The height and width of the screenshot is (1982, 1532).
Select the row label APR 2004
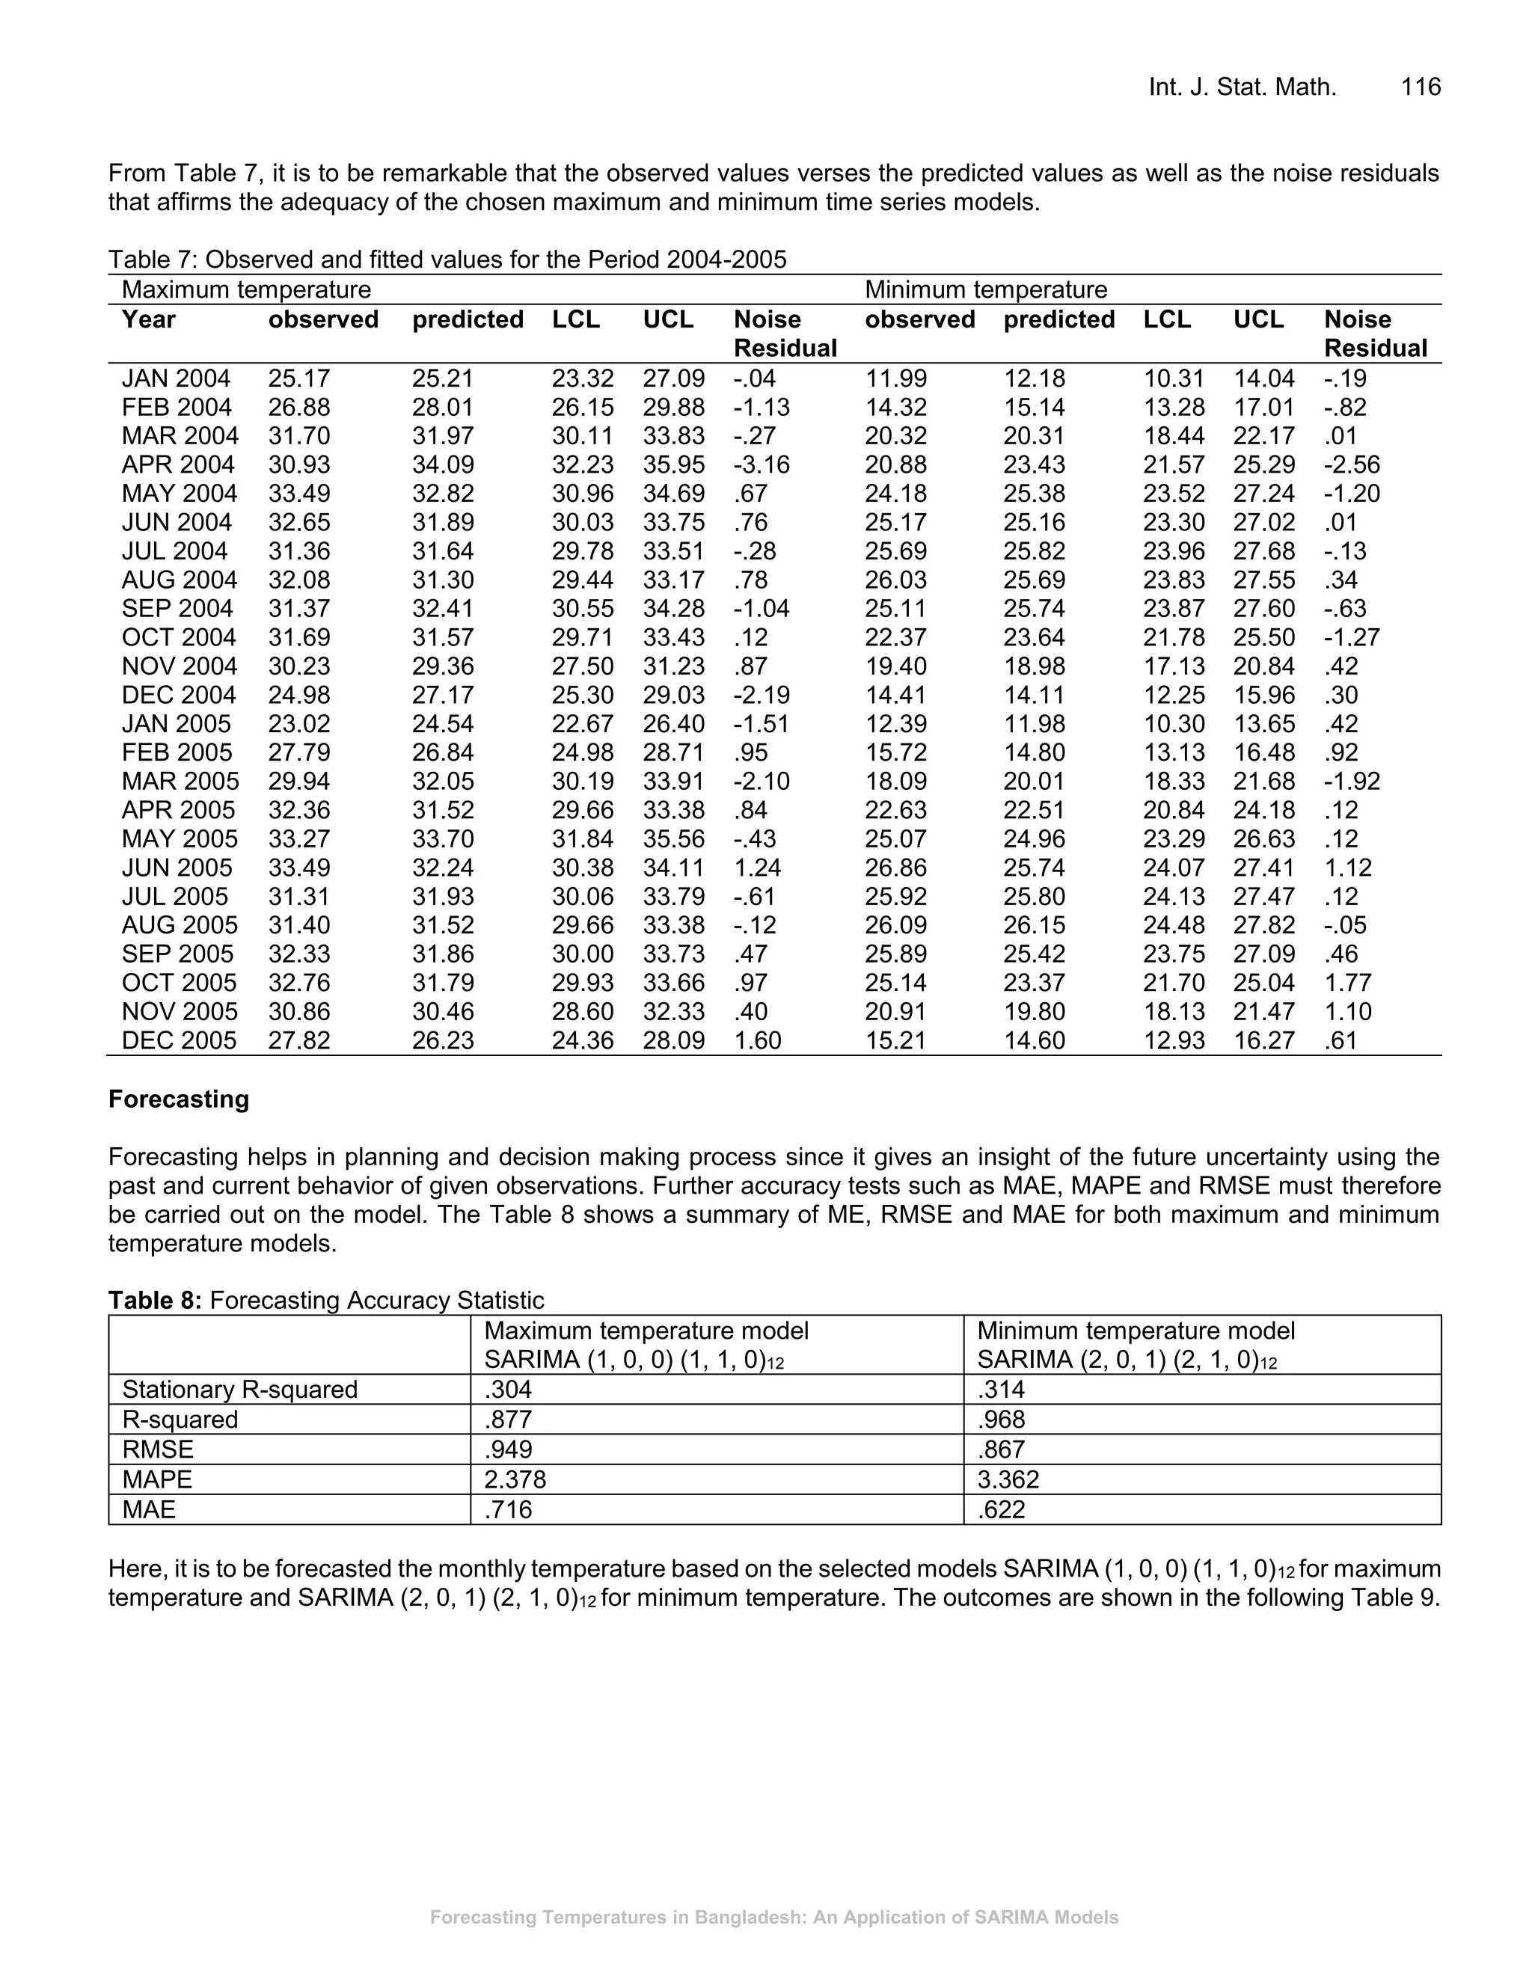[x=178, y=464]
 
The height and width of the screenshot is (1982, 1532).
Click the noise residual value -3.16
[x=762, y=464]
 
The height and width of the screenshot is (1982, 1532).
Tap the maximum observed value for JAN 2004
[x=298, y=378]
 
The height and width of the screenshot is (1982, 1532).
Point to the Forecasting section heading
[x=178, y=1099]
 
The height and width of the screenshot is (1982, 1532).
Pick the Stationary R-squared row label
[x=239, y=1390]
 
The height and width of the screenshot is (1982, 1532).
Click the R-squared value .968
[x=1001, y=1420]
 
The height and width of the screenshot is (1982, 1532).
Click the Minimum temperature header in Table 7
[x=986, y=289]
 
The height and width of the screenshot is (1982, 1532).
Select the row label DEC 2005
[x=179, y=1040]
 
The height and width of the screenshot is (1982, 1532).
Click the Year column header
[x=149, y=319]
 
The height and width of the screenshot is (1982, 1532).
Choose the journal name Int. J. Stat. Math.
[x=1242, y=87]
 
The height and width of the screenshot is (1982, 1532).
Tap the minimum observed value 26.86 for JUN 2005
[x=895, y=868]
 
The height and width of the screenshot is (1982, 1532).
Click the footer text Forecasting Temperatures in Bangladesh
[x=773, y=1918]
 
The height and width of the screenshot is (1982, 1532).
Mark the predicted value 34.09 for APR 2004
[x=443, y=464]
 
